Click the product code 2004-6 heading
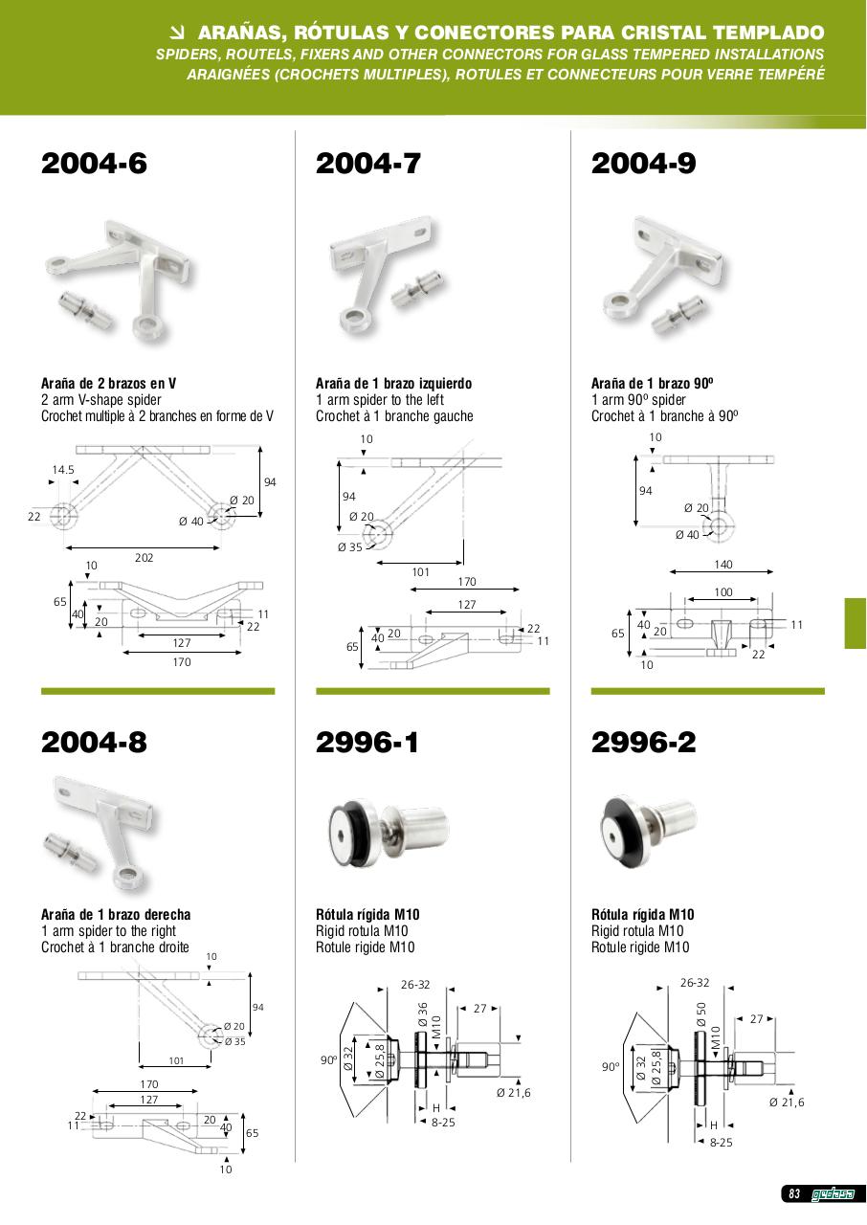pyautogui.click(x=94, y=164)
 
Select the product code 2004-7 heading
pyautogui.click(x=368, y=164)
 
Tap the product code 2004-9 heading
pyautogui.click(x=644, y=164)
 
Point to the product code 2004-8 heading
pyautogui.click(x=94, y=742)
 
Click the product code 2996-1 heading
pyautogui.click(x=367, y=742)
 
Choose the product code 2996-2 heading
pyautogui.click(x=644, y=742)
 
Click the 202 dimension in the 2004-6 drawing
pyautogui.click(x=144, y=558)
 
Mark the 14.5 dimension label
pyautogui.click(x=63, y=470)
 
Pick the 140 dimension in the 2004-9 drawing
pyautogui.click(x=723, y=565)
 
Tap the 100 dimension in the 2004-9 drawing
pyautogui.click(x=723, y=592)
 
